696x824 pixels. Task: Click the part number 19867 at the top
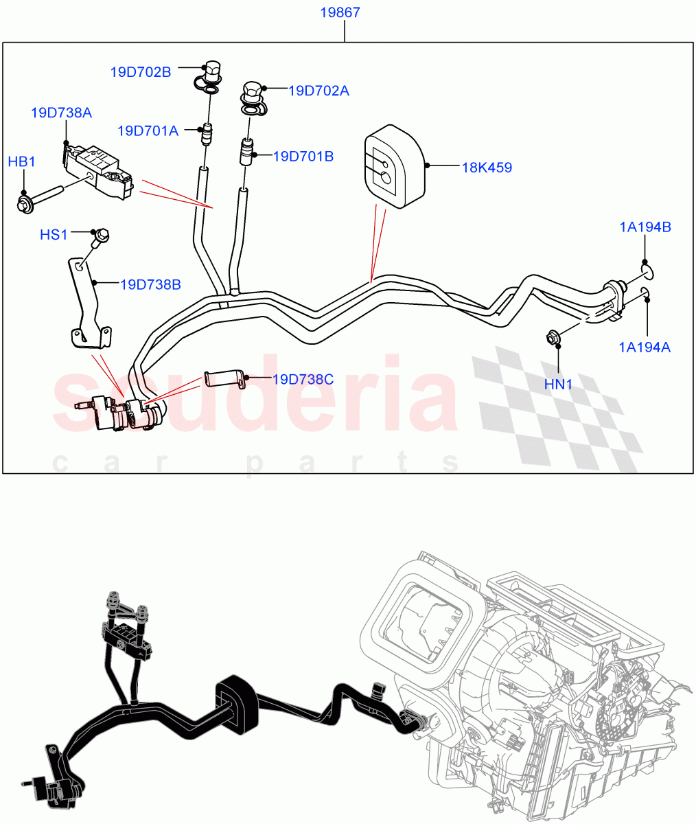340,13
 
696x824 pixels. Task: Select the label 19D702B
141,71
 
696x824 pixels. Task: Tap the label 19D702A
318,91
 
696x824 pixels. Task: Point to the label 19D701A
147,130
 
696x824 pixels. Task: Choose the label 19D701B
303,157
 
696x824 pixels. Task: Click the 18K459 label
486,167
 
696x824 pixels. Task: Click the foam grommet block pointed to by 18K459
393,165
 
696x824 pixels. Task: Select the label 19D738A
61,113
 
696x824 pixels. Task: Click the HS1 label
54,235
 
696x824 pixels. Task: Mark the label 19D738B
150,284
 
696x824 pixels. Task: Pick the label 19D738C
303,379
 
